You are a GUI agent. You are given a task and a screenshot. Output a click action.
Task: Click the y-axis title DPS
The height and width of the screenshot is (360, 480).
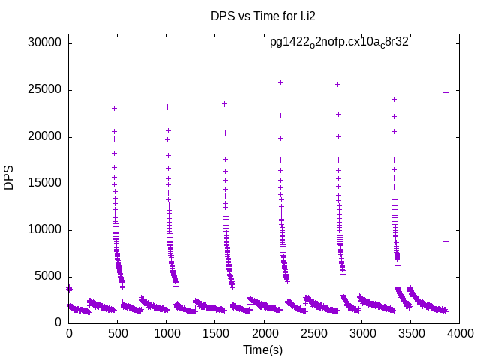[9, 178]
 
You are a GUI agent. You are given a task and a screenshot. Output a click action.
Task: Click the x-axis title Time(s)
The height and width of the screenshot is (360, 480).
[264, 349]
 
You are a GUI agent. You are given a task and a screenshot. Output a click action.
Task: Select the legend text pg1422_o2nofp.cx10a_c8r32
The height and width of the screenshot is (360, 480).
[339, 43]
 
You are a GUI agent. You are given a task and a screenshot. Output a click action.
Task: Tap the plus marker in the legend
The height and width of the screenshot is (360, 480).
[430, 43]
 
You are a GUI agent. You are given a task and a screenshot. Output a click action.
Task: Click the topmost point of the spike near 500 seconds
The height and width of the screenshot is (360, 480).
[114, 108]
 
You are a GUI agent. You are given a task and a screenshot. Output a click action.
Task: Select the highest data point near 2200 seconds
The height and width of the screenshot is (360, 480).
[280, 82]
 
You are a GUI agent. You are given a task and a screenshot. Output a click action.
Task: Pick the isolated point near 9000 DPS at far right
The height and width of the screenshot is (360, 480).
[445, 241]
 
